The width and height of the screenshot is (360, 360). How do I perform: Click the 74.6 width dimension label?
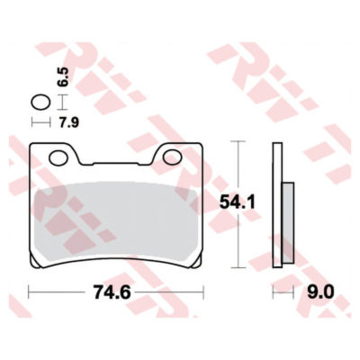[112, 292]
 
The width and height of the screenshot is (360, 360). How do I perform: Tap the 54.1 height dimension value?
[237, 202]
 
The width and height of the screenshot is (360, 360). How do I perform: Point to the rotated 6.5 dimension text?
[63, 76]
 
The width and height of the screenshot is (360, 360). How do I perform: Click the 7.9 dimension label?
[68, 122]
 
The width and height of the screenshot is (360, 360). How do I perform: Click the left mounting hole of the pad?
[58, 158]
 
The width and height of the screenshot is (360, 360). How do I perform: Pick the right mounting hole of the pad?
[172, 157]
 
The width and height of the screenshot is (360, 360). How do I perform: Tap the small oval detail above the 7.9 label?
[40, 103]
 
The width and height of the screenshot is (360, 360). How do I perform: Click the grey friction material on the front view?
[116, 220]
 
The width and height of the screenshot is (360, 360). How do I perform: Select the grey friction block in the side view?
[289, 222]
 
